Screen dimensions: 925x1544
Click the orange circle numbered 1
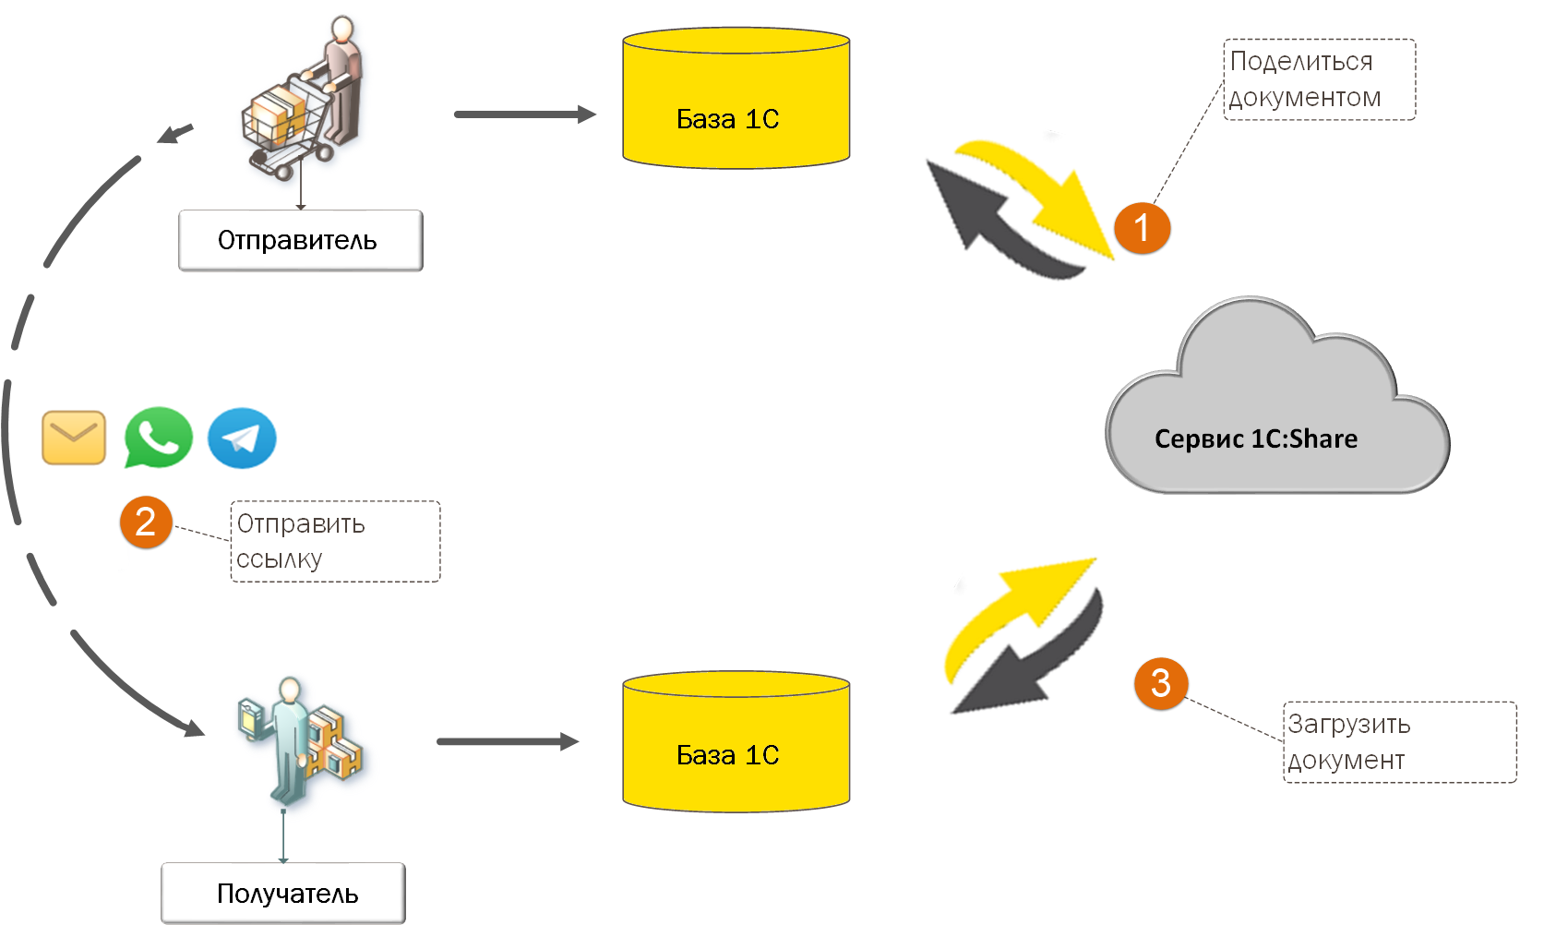tap(1142, 228)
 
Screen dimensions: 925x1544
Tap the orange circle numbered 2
tap(146, 523)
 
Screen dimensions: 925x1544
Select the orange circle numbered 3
tap(1160, 684)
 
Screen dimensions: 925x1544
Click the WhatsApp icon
tap(158, 438)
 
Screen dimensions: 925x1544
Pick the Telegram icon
tap(242, 438)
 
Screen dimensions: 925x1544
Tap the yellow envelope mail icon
tap(74, 438)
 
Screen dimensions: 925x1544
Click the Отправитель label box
tap(300, 241)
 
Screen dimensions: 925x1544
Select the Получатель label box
tap(283, 893)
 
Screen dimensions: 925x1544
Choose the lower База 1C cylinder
tap(736, 742)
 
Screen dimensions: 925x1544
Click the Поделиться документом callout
tap(1319, 79)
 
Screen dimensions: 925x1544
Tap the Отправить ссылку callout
tap(335, 542)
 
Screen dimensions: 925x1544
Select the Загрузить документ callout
tap(1399, 742)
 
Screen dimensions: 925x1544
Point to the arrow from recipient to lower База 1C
tap(507, 741)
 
